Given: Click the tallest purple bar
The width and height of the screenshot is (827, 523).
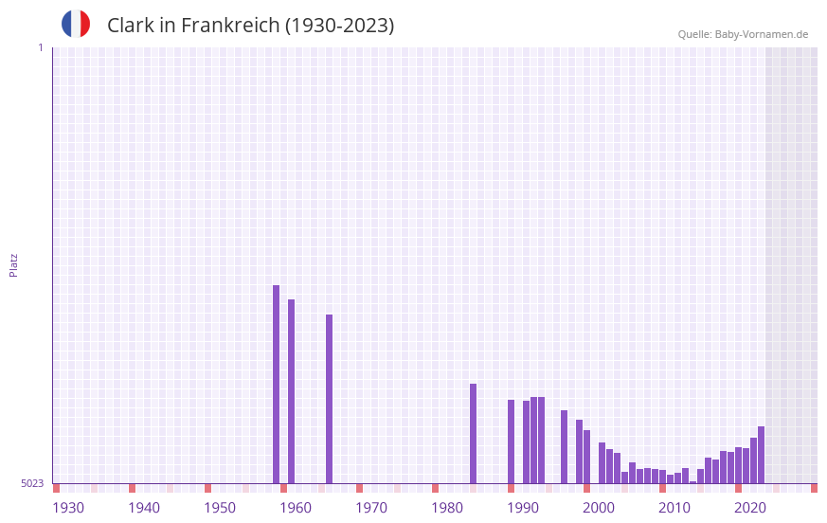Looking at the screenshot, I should pyautogui.click(x=277, y=384).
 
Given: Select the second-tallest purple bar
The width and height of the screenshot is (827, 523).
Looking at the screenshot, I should pyautogui.click(x=292, y=391).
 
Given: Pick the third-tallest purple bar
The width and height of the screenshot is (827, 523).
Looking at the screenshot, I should pyautogui.click(x=330, y=399).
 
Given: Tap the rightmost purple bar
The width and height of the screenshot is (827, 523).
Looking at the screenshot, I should pyautogui.click(x=761, y=455).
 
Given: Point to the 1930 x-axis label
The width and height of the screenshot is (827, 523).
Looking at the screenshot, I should pyautogui.click(x=68, y=508).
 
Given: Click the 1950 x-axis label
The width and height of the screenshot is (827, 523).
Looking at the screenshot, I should pyautogui.click(x=220, y=508).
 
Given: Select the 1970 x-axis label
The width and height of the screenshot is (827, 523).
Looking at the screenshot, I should pyautogui.click(x=371, y=508).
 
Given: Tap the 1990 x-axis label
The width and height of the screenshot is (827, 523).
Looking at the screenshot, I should pyautogui.click(x=523, y=508).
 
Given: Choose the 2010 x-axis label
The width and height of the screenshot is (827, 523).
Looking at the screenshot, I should pyautogui.click(x=674, y=508).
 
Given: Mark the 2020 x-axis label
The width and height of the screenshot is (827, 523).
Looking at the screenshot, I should pyautogui.click(x=750, y=508).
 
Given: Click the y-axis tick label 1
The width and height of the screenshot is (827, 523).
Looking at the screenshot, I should pyautogui.click(x=40, y=47).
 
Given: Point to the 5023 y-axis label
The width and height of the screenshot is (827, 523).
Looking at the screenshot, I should pyautogui.click(x=32, y=483).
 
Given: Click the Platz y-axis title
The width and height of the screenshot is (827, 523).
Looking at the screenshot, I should pyautogui.click(x=13, y=264).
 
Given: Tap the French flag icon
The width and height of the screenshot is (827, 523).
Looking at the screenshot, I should pyautogui.click(x=76, y=24).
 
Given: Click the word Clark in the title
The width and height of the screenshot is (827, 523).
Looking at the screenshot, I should pyautogui.click(x=129, y=26).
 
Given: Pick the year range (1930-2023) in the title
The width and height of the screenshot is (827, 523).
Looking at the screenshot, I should pyautogui.click(x=339, y=26).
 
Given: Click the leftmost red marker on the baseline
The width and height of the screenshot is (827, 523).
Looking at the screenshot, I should pyautogui.click(x=57, y=488).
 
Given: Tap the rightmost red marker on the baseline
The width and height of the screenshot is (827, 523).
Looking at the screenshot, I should pyautogui.click(x=814, y=488).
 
